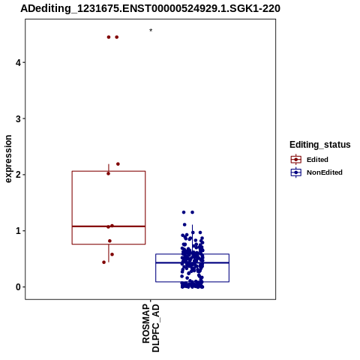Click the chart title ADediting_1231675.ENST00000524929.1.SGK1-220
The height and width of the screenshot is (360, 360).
tap(150, 8)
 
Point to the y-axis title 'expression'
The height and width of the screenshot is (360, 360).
tap(8, 159)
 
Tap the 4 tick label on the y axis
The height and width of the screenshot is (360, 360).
tap(18, 62)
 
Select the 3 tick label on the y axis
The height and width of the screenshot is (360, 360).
tap(18, 118)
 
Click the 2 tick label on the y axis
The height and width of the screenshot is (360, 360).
tap(18, 175)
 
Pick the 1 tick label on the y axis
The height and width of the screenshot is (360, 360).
tap(18, 231)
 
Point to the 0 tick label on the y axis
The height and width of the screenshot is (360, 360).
tap(18, 287)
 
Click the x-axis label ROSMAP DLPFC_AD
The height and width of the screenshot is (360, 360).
tap(151, 328)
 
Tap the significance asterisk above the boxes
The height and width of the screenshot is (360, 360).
tap(151, 30)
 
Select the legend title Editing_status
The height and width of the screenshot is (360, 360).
tap(320, 145)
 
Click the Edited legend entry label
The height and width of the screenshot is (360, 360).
tap(317, 160)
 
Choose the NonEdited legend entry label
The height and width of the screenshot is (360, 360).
tap(325, 172)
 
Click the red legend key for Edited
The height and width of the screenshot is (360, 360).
tap(296, 160)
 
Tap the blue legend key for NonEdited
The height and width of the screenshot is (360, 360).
tap(296, 172)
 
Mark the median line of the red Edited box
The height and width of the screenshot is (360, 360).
tap(109, 226)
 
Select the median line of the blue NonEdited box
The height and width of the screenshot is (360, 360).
tap(192, 262)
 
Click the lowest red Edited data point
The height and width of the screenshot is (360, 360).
tap(104, 262)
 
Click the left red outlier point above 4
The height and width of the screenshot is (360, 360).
tap(109, 37)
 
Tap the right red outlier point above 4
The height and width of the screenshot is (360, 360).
tap(117, 37)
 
